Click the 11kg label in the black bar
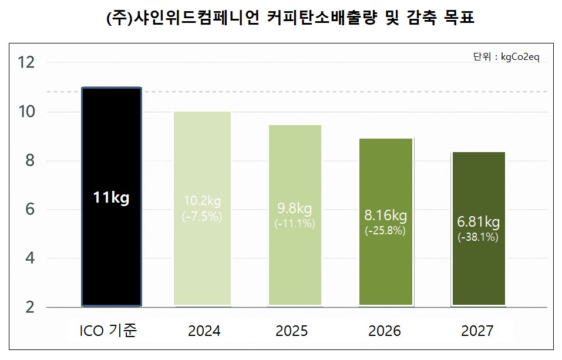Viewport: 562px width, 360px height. click(x=111, y=198)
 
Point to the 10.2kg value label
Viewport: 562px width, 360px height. click(x=202, y=203)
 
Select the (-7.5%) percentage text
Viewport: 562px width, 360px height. click(x=202, y=217)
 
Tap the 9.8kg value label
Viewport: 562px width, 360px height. click(x=294, y=209)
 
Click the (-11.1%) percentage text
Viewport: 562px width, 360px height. click(x=294, y=224)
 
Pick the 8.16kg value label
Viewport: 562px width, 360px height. click(x=385, y=216)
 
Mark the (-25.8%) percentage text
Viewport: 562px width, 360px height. click(x=385, y=231)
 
